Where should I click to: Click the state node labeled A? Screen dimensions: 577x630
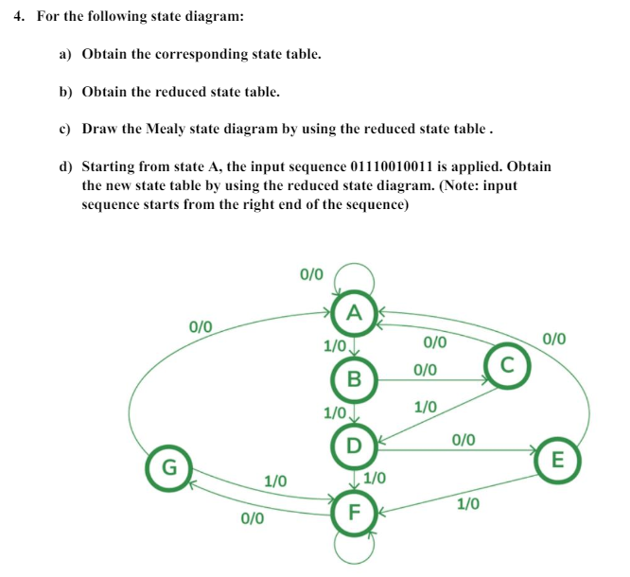[355, 311]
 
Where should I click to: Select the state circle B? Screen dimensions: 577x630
[355, 379]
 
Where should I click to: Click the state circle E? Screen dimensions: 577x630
[557, 461]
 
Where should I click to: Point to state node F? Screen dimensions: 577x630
[353, 514]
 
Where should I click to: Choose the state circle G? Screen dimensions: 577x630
[169, 467]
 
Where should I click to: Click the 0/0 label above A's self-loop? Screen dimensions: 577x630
[311, 275]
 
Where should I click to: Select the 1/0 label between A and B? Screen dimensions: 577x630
[334, 346]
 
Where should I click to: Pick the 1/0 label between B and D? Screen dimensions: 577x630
[334, 413]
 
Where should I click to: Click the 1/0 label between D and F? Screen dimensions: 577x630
[375, 478]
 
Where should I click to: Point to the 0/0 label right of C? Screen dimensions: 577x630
[555, 339]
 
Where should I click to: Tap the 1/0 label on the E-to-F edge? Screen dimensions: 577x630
[468, 504]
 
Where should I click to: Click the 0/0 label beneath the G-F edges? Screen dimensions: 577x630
[253, 518]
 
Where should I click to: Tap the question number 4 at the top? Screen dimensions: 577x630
[21, 16]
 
